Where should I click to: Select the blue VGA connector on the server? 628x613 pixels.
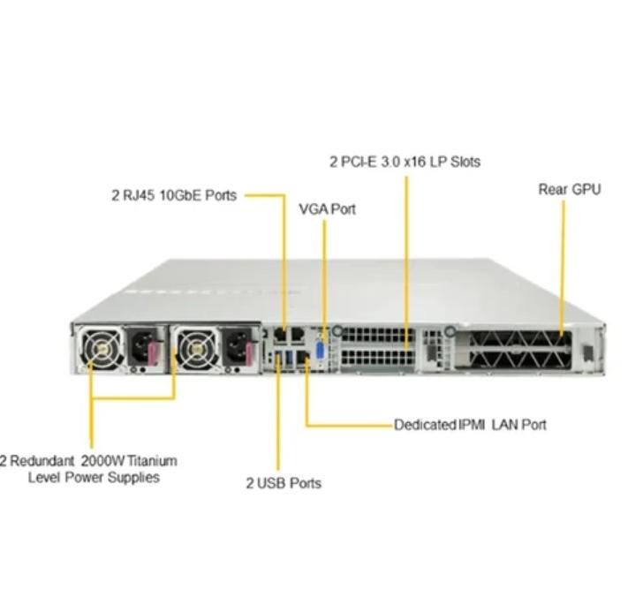point(321,352)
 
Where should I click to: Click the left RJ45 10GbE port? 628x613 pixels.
point(281,335)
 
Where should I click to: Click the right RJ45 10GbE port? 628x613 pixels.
point(297,335)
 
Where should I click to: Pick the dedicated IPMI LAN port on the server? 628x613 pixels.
point(302,358)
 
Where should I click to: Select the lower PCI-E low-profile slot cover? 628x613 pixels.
point(379,357)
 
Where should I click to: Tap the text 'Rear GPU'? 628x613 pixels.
point(570,189)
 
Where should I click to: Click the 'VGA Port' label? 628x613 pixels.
point(327,209)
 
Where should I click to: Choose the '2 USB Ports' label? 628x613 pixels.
point(284,483)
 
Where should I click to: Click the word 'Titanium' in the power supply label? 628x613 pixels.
point(152,461)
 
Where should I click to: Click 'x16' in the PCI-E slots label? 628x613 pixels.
point(414,162)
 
